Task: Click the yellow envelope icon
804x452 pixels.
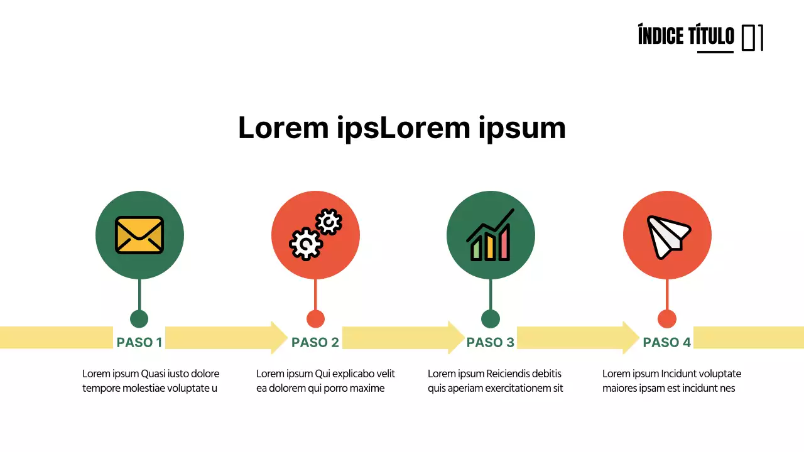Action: coord(139,235)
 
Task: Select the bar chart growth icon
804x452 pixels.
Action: coord(491,235)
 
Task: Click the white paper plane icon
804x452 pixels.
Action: coord(667,236)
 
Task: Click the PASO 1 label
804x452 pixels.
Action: coord(139,342)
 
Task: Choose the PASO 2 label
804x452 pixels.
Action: coord(315,342)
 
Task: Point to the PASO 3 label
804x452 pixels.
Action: coord(491,342)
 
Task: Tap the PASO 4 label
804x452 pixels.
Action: coord(667,342)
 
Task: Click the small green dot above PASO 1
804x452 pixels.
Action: coord(139,318)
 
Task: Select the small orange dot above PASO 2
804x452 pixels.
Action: coord(315,318)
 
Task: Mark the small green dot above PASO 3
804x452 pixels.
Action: coord(491,318)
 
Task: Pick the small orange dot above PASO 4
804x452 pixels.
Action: coord(667,318)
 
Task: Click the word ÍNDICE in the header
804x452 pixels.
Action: coord(661,36)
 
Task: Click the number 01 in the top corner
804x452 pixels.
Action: coord(752,38)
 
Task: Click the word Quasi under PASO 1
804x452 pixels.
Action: coord(153,374)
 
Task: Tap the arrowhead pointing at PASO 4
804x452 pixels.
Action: coord(631,338)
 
